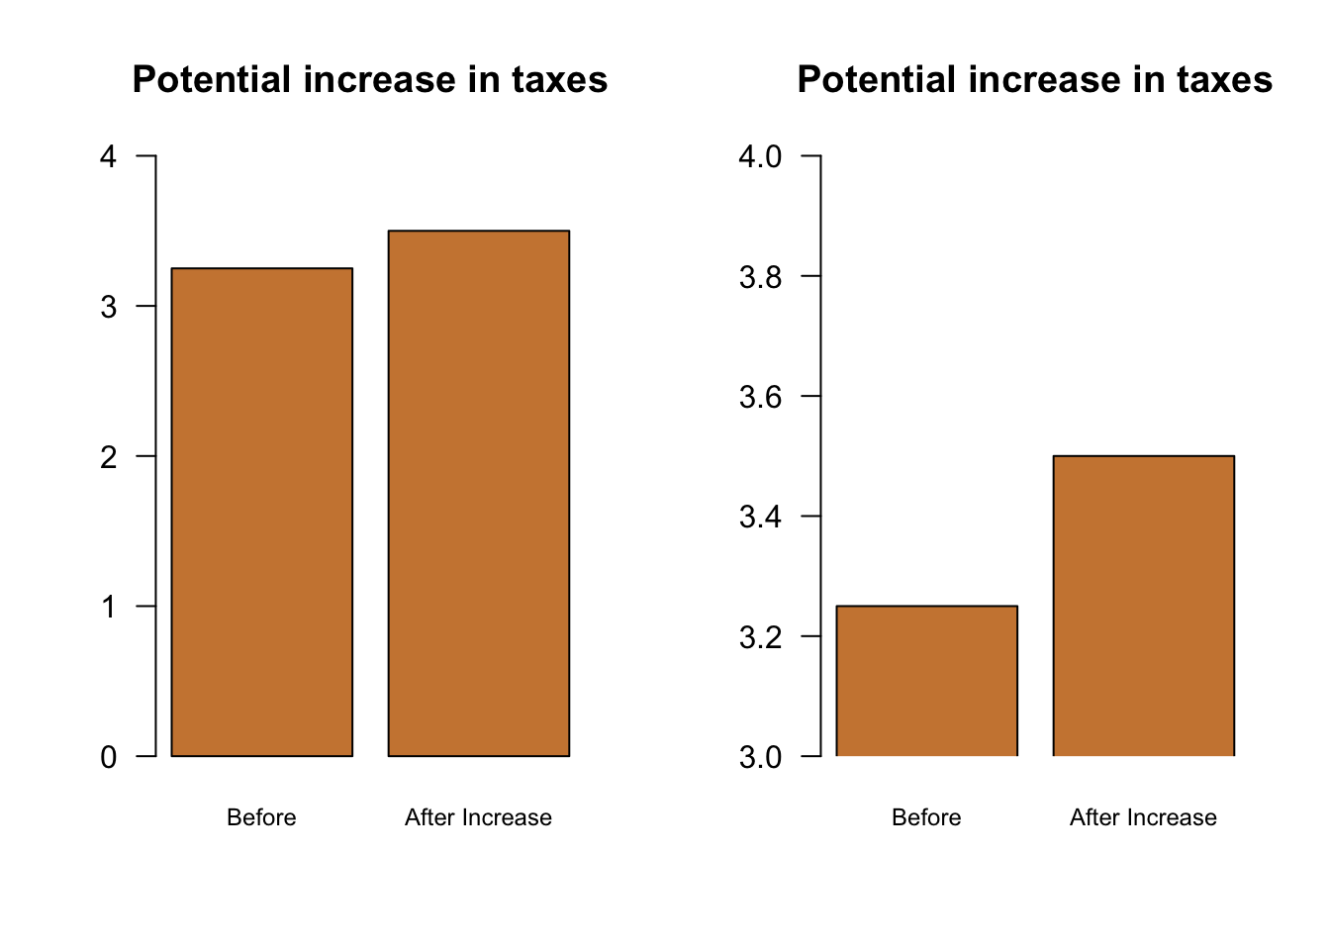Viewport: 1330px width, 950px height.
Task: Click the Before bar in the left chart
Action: (x=262, y=512)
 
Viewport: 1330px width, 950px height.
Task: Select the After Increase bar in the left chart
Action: (x=479, y=493)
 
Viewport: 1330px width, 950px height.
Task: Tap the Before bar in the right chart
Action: (x=927, y=681)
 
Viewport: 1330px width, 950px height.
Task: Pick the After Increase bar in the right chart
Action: (x=1144, y=606)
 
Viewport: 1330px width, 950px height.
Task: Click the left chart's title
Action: (x=370, y=80)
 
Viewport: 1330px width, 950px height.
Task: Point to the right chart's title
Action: (x=1035, y=80)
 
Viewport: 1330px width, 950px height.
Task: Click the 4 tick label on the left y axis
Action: (x=109, y=156)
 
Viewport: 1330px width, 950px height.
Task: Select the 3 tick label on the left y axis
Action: (x=109, y=307)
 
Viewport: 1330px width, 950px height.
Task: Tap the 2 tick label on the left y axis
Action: (x=109, y=456)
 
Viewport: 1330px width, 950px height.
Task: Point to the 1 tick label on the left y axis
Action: (x=109, y=607)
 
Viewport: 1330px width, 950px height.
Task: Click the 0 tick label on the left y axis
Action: (x=109, y=757)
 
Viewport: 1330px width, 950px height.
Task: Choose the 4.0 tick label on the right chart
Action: (x=760, y=156)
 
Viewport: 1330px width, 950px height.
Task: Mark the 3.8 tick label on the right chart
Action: (x=760, y=277)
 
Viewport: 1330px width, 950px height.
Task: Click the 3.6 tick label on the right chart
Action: (x=760, y=397)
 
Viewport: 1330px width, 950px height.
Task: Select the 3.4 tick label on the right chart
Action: (x=760, y=517)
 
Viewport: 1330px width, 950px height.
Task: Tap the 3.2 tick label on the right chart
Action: (x=760, y=637)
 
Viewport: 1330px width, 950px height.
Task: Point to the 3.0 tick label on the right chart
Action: (x=760, y=757)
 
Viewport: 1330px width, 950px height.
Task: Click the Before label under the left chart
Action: (x=261, y=817)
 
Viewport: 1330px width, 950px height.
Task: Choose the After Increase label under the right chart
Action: (x=1143, y=817)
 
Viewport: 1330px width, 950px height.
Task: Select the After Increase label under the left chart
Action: (x=478, y=817)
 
